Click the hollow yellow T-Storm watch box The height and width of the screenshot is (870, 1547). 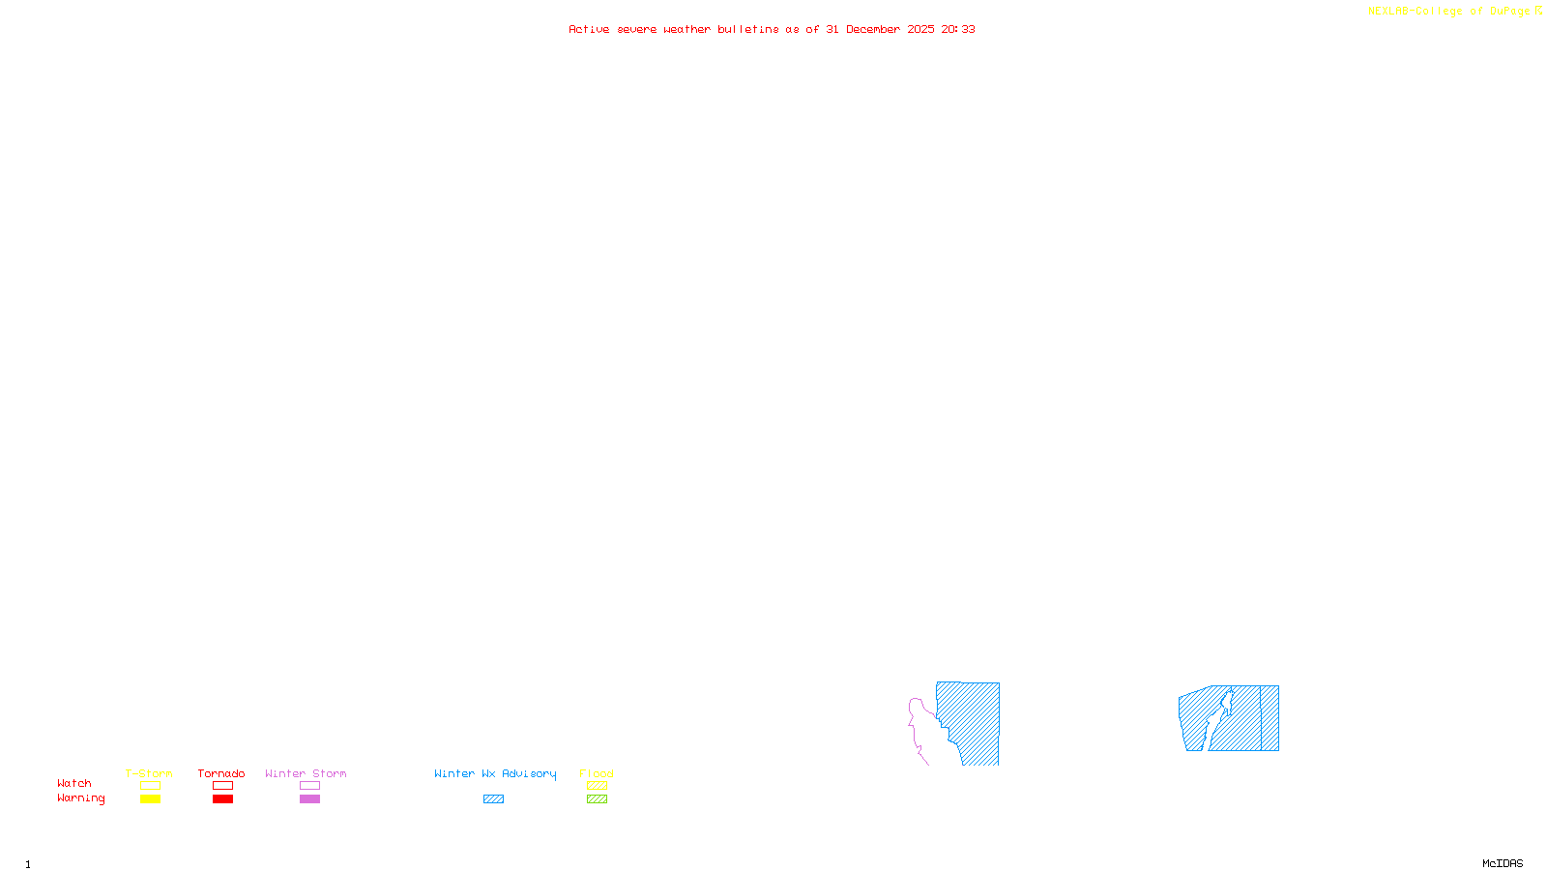[x=150, y=786]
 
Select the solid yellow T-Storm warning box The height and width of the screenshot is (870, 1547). [x=150, y=799]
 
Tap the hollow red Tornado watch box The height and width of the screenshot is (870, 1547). [x=222, y=786]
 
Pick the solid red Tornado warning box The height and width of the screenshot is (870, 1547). [x=222, y=799]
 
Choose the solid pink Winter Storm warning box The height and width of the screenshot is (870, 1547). [x=309, y=799]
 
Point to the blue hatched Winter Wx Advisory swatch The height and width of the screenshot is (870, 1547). [x=493, y=799]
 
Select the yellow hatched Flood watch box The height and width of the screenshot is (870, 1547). [x=597, y=786]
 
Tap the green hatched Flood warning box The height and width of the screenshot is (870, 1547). [x=597, y=799]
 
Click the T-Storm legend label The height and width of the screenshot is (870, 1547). [x=149, y=773]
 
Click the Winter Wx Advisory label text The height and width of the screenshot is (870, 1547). [x=495, y=773]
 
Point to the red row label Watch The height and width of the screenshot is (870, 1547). [x=74, y=783]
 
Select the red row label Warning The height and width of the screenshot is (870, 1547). [x=80, y=798]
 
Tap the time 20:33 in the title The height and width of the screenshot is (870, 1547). [x=958, y=29]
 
